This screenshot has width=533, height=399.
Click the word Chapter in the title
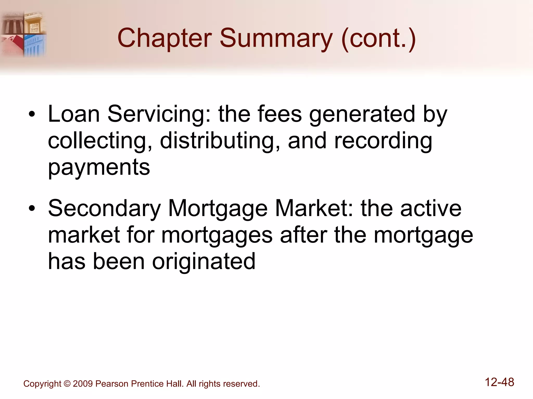pyautogui.click(x=164, y=38)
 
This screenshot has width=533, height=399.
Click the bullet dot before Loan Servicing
pyautogui.click(x=32, y=114)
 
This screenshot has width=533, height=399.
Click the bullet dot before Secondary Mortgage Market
pyautogui.click(x=32, y=208)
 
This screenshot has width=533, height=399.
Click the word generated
pyautogui.click(x=362, y=115)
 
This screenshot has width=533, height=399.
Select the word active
pyautogui.click(x=431, y=208)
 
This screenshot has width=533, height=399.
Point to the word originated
pyautogui.click(x=204, y=262)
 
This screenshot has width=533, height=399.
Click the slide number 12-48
pyautogui.click(x=499, y=382)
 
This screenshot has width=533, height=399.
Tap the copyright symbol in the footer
pyautogui.click(x=67, y=384)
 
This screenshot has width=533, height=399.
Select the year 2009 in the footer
pyautogui.click(x=83, y=384)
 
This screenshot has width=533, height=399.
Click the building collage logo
pyautogui.click(x=23, y=34)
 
